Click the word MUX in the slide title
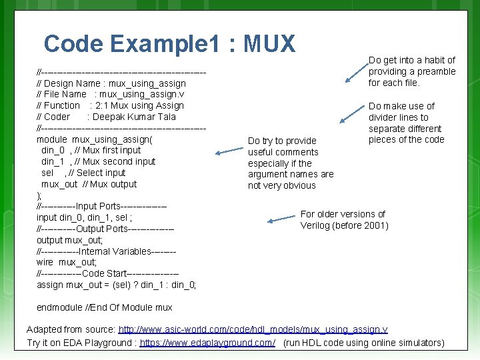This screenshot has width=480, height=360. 269,44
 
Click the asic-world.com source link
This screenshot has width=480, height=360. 253,330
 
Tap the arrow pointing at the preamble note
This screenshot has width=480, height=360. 355,73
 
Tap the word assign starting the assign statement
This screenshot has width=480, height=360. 50,285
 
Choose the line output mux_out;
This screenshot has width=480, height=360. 70,240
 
